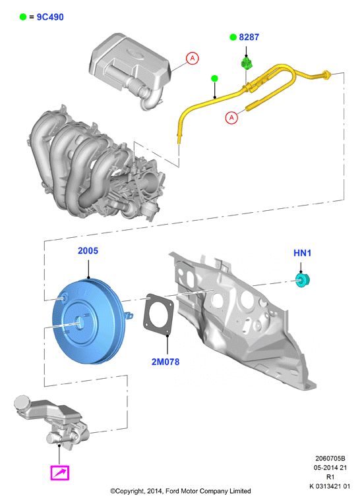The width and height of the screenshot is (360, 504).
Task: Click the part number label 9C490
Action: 50,17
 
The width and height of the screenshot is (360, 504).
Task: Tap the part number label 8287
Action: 249,38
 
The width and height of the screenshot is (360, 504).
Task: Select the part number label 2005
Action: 88,251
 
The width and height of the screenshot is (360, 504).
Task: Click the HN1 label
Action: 302,253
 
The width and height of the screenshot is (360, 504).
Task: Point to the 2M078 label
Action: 165,362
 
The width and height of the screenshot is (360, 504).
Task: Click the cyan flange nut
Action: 303,280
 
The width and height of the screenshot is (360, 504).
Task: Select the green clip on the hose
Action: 247,63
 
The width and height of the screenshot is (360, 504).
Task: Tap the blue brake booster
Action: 89,322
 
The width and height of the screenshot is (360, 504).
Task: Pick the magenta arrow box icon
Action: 60,473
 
